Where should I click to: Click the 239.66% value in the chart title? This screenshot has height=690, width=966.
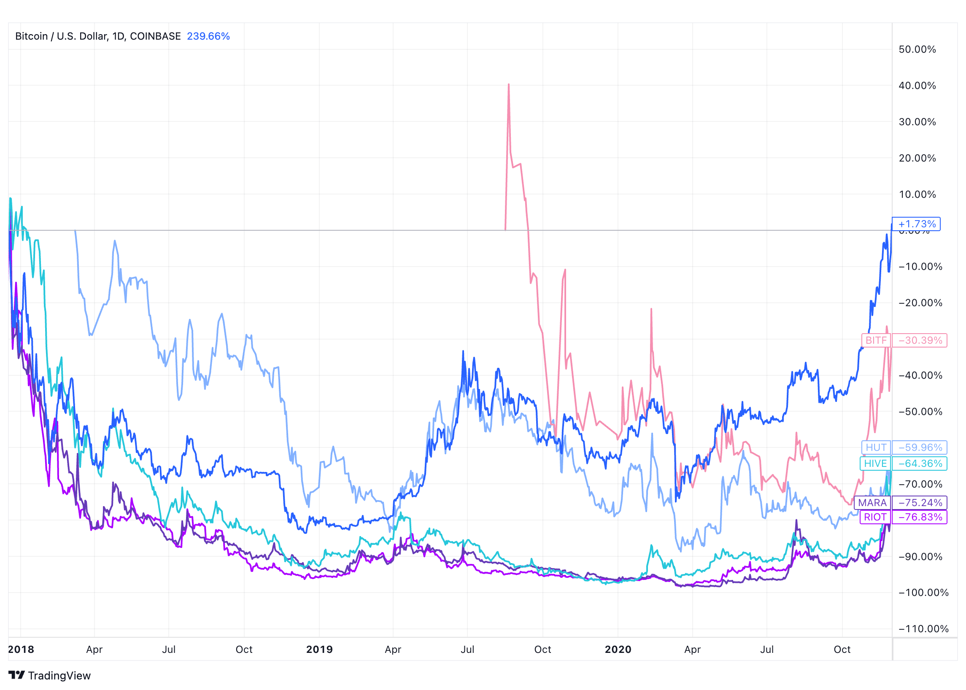pos(208,36)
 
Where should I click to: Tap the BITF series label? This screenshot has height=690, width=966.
pos(876,340)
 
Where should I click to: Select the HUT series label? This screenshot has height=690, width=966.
pos(876,447)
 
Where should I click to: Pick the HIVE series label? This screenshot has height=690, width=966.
pos(875,464)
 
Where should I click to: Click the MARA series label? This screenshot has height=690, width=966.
pos(872,503)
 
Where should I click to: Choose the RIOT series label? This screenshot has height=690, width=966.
pos(875,517)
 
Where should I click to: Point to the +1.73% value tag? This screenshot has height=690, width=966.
pos(916,224)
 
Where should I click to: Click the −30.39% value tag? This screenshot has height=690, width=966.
pos(919,340)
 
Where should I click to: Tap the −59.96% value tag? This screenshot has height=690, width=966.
pos(919,447)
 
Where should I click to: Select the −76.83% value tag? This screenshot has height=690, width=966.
pos(919,517)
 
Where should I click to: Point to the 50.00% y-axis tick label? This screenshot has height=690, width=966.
pos(917,49)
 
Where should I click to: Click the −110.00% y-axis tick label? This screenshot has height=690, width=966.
pos(923,629)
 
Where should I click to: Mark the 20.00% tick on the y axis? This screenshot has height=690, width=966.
pos(917,158)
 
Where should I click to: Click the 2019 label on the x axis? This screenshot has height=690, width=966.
pos(319,649)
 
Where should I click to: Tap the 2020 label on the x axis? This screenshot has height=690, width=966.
pos(618,649)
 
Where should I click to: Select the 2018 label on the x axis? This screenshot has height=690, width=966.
pos(21,649)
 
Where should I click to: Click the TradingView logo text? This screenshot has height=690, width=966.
pos(59,676)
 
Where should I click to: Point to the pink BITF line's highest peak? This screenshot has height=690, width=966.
pos(509,84)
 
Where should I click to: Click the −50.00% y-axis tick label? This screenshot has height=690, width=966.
pos(920,412)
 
